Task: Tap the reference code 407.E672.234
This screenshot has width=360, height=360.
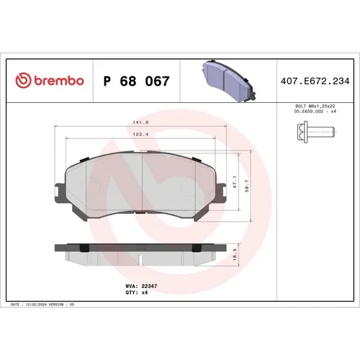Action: pos(314,81)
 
